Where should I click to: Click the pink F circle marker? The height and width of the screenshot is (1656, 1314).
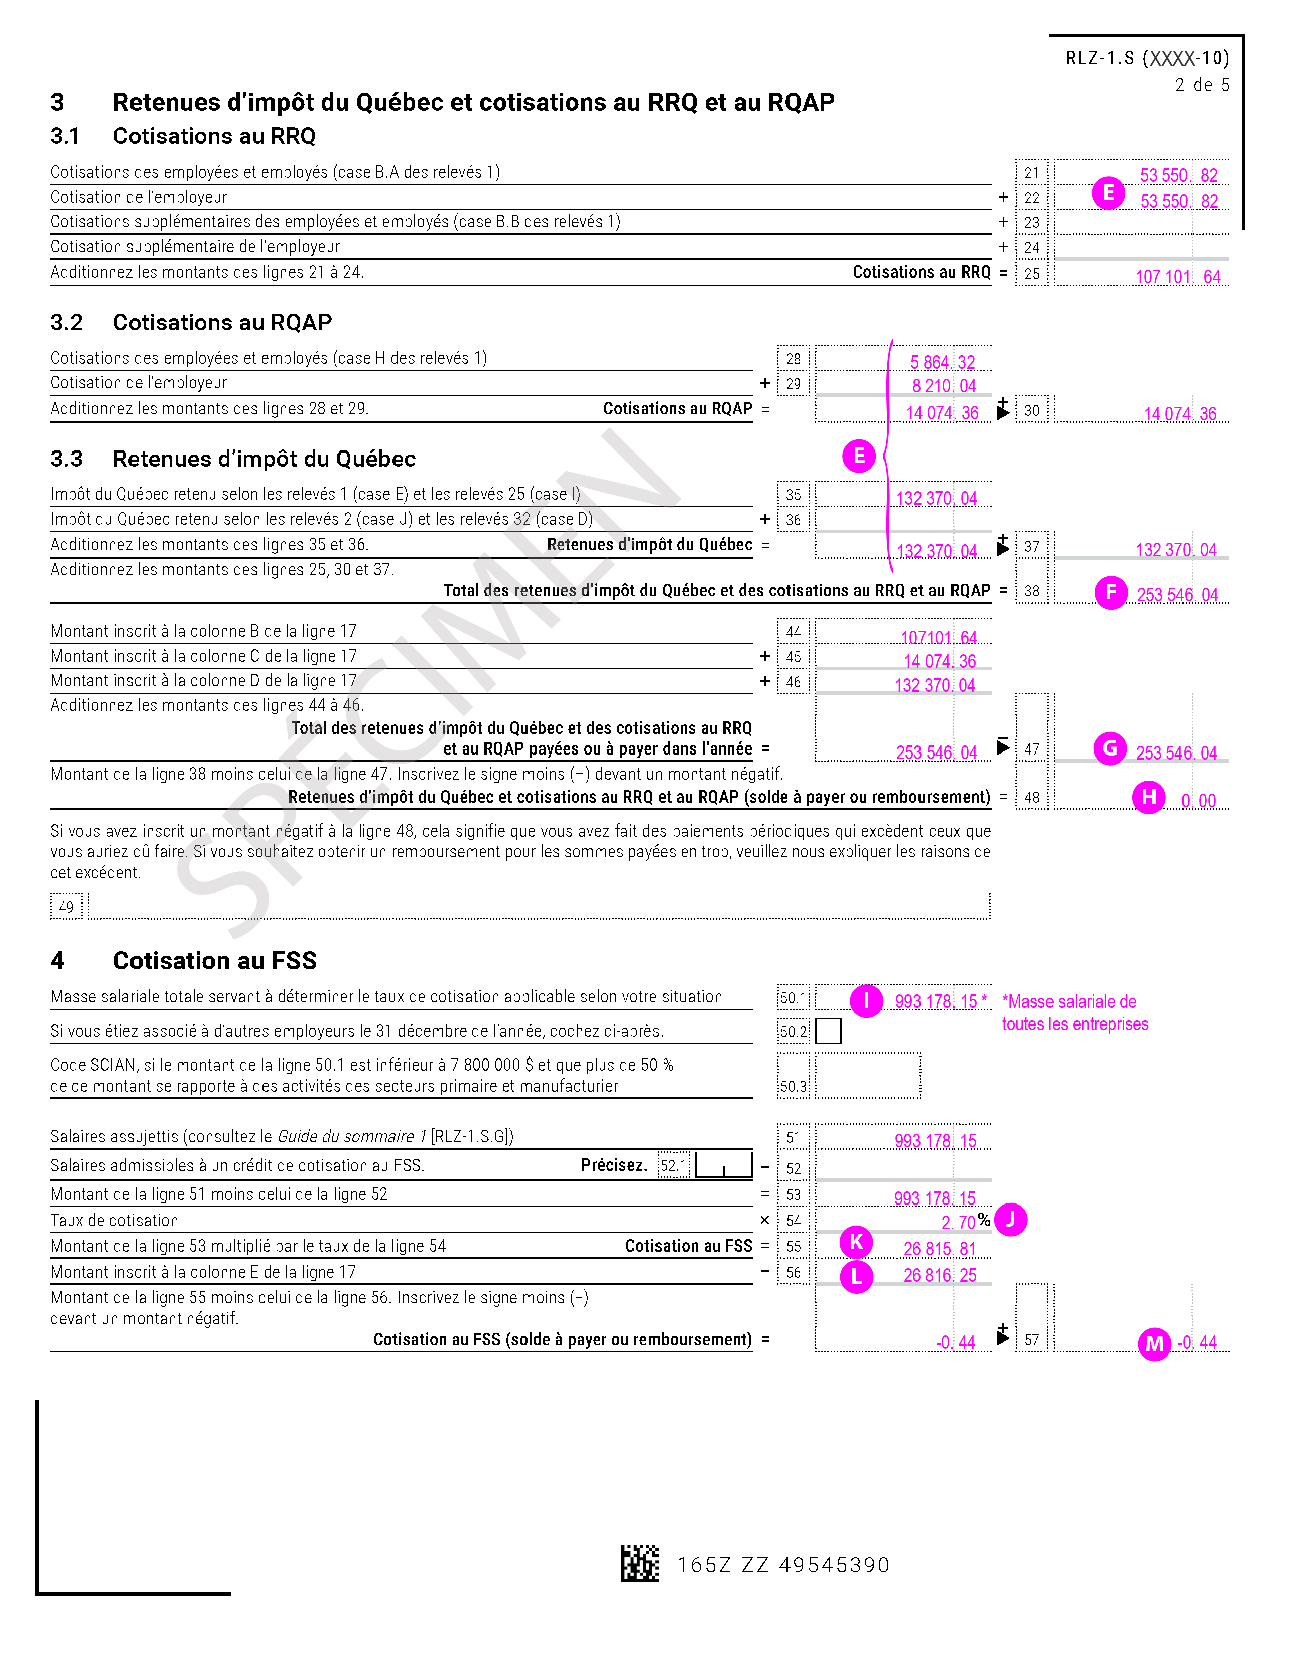coord(1110,592)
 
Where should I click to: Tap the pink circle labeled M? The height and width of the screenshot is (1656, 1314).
coord(1154,1343)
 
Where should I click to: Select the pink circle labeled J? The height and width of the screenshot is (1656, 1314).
coord(1010,1219)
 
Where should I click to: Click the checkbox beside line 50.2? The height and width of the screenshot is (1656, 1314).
coord(828,1031)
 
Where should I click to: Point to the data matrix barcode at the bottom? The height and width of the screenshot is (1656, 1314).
coord(639,1563)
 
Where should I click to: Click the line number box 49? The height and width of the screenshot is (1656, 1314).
coord(66,907)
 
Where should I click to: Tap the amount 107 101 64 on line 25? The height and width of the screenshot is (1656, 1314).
coord(1177,276)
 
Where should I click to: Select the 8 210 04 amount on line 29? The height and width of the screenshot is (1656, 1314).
coord(944,386)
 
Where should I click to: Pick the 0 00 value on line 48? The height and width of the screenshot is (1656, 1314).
coord(1198,800)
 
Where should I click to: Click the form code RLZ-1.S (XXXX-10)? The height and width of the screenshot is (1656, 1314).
coord(1146,58)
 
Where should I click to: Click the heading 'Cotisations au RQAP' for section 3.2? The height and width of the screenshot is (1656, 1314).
coord(222,322)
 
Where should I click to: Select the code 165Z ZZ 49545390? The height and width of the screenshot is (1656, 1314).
coord(783,1565)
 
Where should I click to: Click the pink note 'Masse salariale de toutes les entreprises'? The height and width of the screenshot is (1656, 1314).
coord(1074,1012)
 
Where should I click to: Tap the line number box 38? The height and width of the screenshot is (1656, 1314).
coord(1031,590)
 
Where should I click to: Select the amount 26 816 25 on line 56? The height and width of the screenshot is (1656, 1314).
coord(939,1275)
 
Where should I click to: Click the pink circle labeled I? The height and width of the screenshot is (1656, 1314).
coord(867,1000)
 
